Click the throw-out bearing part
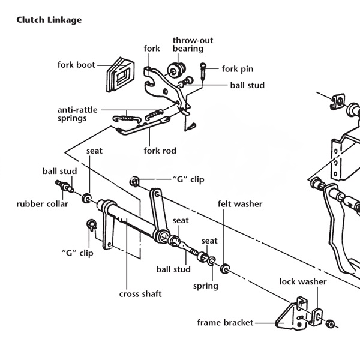pos(178,68)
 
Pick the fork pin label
pos(238,69)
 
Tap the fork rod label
pos(160,151)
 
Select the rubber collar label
pos(42,204)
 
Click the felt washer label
pos(240,204)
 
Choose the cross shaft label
pos(140,294)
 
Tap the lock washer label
pos(303,281)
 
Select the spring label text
pos(205,286)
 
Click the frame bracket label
pos(225,323)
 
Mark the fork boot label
pos(76,65)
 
